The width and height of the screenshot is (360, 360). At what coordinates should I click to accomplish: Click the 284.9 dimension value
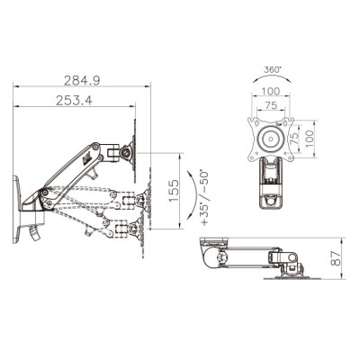coord(80,82)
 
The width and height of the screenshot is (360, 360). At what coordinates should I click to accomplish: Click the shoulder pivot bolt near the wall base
coord(41,194)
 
